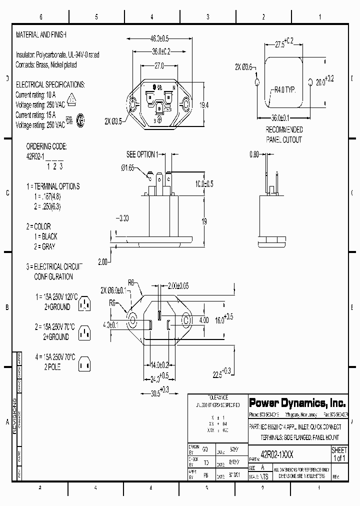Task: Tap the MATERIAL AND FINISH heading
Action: point(41,35)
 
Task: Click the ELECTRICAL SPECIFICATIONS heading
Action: point(50,84)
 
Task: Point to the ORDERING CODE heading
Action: point(46,146)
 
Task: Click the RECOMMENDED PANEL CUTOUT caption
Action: point(283,134)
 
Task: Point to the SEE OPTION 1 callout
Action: point(142,154)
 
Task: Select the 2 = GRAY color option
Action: point(44,246)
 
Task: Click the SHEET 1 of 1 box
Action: point(339,454)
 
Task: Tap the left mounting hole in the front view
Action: point(133,105)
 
